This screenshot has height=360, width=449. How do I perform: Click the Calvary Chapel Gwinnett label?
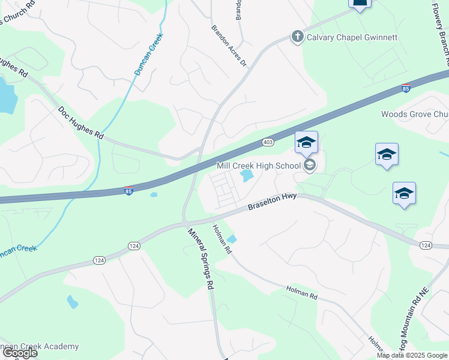point(352,37)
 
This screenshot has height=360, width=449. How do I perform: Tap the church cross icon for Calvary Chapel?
point(297,37)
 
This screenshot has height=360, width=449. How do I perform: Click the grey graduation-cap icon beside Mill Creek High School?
point(310,165)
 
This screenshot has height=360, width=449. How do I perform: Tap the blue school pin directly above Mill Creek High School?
point(306,143)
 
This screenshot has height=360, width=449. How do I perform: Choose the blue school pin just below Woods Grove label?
point(387,155)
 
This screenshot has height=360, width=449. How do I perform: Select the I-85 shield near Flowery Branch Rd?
point(406,89)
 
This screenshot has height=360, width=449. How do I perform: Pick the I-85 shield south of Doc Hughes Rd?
point(129,191)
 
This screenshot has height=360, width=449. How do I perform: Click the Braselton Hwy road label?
point(273,204)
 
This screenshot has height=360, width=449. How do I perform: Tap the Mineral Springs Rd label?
point(201,259)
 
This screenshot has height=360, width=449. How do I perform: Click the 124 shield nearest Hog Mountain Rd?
point(426,245)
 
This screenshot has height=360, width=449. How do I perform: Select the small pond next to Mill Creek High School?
point(246,176)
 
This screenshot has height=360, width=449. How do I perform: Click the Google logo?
point(19,353)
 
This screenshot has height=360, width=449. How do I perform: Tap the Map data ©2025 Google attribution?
point(412,355)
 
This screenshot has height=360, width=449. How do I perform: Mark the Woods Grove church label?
point(415,114)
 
